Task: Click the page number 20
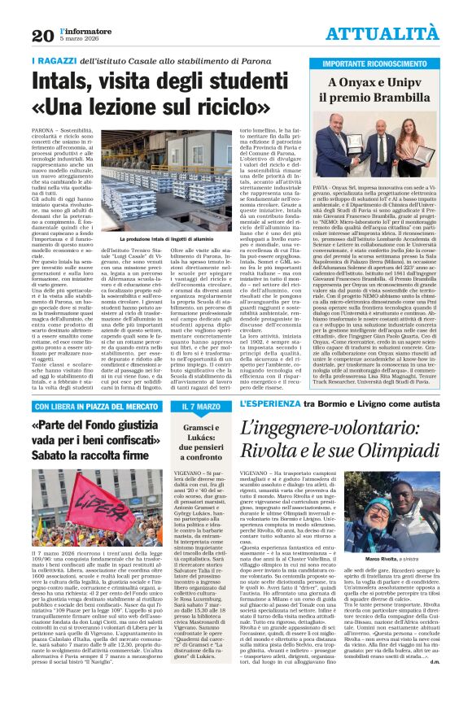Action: point(42,35)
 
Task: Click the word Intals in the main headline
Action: point(63,82)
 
